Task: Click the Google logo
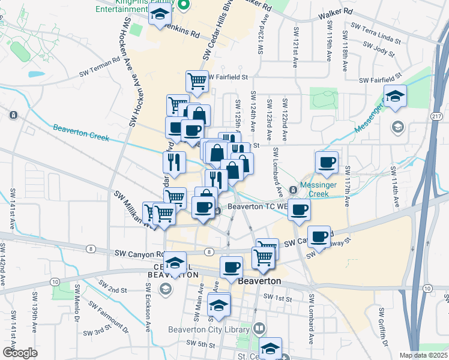[x=19, y=353]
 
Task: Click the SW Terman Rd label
[x=100, y=69]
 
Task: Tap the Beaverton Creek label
[x=80, y=133]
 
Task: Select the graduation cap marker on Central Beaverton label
[x=176, y=264]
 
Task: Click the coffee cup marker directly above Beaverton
[x=231, y=267]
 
